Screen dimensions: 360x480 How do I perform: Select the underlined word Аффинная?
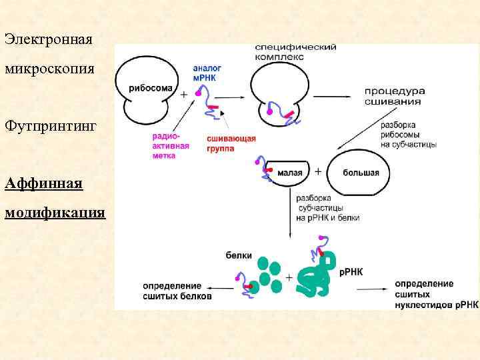click(x=43, y=183)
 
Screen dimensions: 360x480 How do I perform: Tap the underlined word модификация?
click(x=55, y=213)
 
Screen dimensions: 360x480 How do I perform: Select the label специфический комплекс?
click(x=295, y=53)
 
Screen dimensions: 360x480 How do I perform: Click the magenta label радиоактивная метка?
click(x=171, y=145)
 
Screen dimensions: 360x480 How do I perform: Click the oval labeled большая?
click(x=361, y=173)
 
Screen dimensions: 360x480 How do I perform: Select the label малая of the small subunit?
click(x=291, y=173)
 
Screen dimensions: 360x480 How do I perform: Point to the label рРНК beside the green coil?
click(x=351, y=272)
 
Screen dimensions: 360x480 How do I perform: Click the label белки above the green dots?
click(x=239, y=254)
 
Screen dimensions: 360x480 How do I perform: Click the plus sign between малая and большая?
click(x=318, y=172)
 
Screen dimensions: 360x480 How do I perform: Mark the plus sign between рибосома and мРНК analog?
click(x=184, y=95)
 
